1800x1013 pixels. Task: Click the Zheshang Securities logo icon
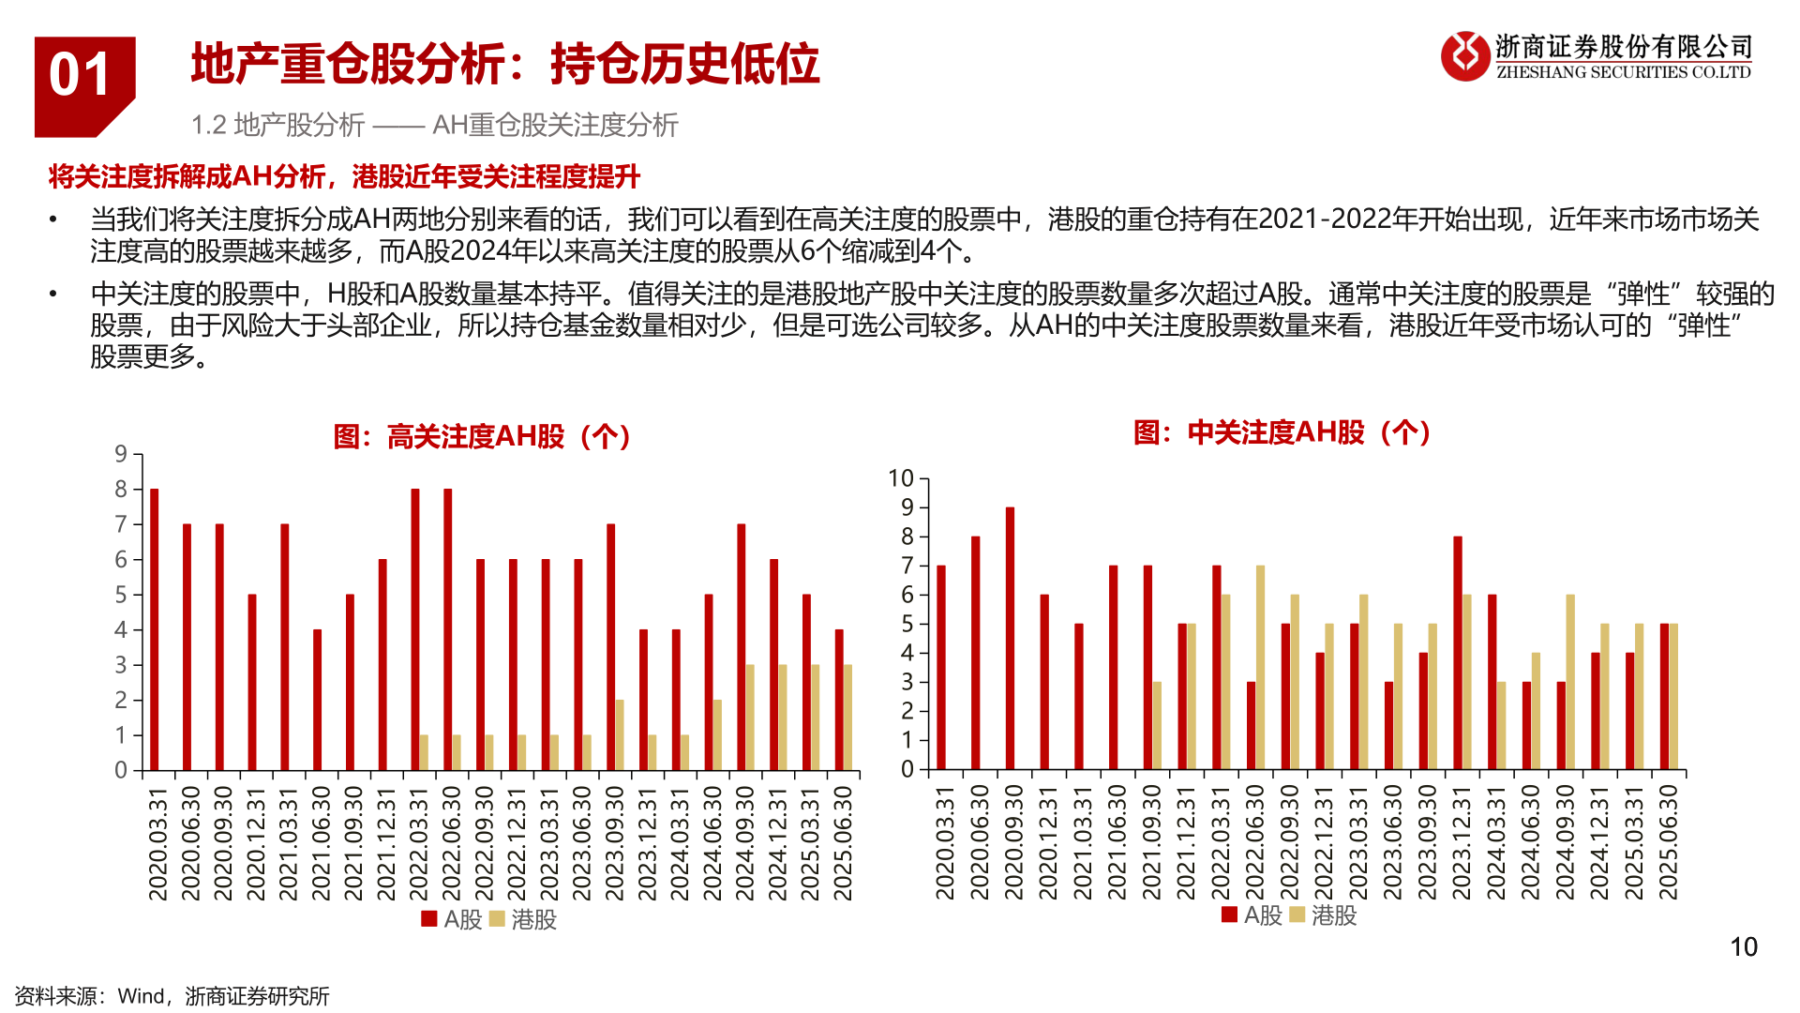1464,56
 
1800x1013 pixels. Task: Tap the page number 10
1743,947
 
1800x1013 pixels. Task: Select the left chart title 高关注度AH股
483,436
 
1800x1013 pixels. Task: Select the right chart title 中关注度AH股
1282,432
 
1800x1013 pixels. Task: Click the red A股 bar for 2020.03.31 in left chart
155,628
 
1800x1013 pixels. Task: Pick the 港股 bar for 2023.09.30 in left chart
620,734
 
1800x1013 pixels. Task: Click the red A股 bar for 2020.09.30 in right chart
1010,638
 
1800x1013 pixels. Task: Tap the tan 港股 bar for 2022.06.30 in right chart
1260,667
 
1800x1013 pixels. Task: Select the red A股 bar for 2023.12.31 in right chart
1458,653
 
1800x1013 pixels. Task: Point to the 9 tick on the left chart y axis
121,455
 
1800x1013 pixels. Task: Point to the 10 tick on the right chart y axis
901,478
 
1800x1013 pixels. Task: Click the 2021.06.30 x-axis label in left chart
321,842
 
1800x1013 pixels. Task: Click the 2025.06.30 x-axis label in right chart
1668,842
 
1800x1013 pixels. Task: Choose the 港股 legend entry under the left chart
524,919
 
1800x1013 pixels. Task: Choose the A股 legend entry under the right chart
1252,915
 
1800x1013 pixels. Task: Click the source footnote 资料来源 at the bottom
172,996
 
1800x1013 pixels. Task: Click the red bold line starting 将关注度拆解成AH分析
344,176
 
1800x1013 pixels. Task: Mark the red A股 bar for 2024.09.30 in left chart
742,647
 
